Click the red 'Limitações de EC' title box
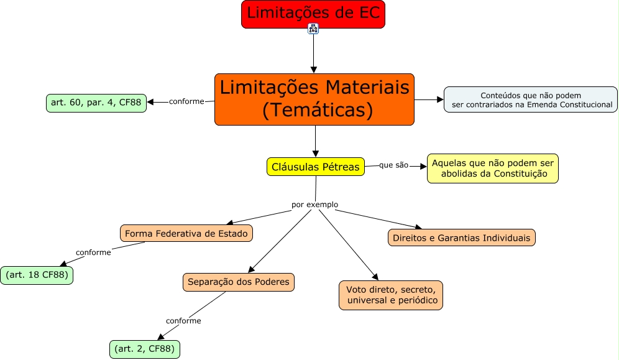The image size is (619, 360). click(313, 14)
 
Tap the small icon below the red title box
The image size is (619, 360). click(313, 29)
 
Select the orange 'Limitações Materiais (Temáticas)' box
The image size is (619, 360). click(314, 99)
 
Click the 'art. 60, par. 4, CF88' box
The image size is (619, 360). click(96, 103)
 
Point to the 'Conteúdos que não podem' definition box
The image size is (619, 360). click(530, 99)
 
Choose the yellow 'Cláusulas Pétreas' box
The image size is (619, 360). click(316, 167)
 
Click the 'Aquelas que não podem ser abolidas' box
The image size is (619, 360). click(492, 168)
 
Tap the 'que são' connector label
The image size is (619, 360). click(394, 165)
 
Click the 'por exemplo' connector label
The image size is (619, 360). click(314, 204)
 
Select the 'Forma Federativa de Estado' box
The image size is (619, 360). click(186, 233)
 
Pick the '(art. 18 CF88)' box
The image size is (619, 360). click(37, 275)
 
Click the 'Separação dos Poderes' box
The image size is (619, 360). click(238, 282)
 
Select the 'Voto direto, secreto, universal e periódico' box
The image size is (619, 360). click(391, 295)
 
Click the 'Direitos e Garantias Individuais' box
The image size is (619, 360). click(462, 238)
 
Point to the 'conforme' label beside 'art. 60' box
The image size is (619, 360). click(186, 101)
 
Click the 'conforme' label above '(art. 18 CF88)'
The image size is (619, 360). click(93, 252)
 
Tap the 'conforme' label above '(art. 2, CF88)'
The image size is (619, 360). click(183, 321)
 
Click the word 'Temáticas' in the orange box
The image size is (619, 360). click(317, 111)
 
